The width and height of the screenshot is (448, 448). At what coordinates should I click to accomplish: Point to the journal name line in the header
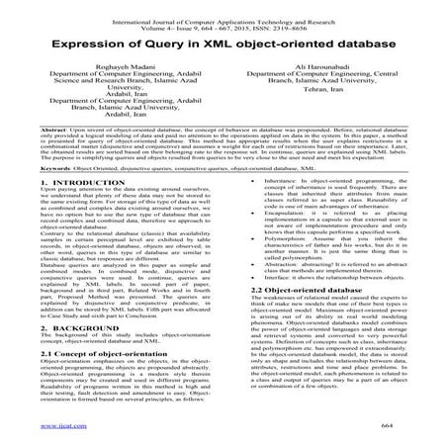point(224,9)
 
